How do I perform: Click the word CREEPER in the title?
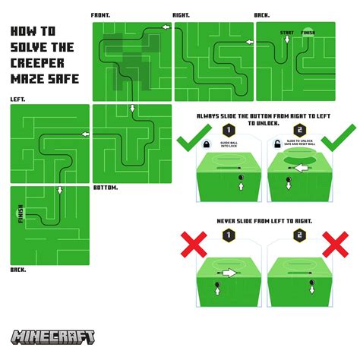(38, 62)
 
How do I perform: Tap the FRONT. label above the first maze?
(101, 15)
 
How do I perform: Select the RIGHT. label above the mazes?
(182, 15)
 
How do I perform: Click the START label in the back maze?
(286, 33)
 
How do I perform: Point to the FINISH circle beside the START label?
(308, 33)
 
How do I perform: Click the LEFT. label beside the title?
(17, 99)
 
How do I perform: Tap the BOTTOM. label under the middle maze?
(105, 187)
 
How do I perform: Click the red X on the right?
(333, 248)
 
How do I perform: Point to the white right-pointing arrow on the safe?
(228, 271)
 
